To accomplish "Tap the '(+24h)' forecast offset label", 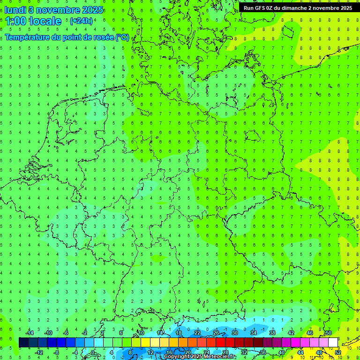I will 81,21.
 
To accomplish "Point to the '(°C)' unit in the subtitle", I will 122,37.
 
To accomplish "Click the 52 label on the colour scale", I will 337,352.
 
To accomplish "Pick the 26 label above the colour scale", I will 216,333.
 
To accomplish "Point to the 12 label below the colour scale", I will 150,352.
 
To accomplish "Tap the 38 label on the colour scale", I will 272,333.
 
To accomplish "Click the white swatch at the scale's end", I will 333,343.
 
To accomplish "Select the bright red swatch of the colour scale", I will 221,343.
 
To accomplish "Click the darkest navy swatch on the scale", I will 23,343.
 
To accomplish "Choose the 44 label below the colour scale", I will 300,352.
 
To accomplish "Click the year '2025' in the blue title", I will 92,10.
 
